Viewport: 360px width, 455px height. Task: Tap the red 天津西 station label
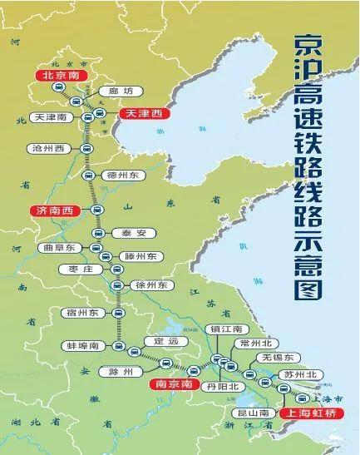pos(143,112)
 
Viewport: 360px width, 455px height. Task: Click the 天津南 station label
pos(51,118)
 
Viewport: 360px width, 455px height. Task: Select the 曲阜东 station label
pos(61,248)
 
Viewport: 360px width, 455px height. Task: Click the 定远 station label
pos(161,341)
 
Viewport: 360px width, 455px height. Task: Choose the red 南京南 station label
pos(174,385)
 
